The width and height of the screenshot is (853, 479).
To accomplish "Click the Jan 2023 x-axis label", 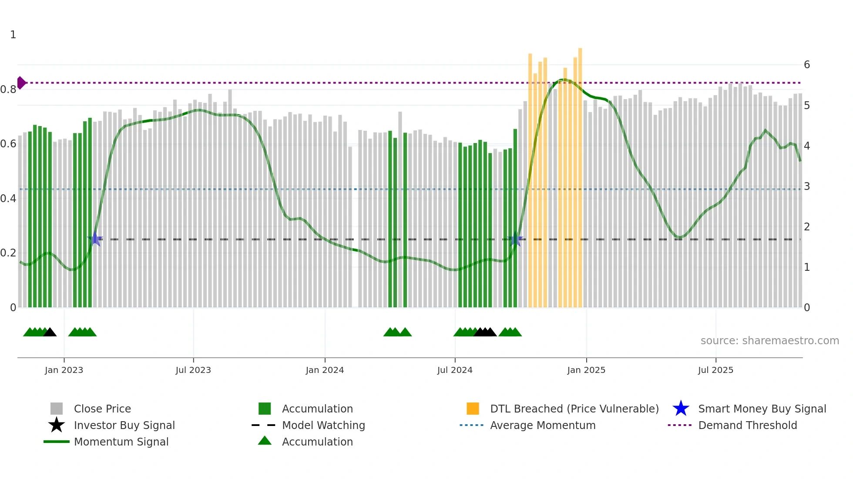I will point(64,370).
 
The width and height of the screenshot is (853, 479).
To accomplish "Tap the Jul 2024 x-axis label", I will point(455,370).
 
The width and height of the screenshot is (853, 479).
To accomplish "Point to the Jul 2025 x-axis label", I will point(715,370).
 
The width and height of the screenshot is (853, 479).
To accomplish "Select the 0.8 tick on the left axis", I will point(8,90).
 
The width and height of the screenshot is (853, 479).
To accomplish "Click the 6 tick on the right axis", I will point(807,65).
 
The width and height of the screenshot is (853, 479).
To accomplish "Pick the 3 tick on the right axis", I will point(807,186).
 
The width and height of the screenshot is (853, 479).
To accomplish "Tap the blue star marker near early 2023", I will point(95,239).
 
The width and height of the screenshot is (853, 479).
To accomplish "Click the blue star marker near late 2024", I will point(516,239).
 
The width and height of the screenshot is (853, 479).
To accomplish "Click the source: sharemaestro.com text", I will point(769,341).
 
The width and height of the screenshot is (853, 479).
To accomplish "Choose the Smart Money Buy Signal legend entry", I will point(762,409).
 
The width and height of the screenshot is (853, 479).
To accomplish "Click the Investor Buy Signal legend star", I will point(57,425).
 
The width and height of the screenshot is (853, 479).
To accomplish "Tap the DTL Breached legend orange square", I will point(473,409).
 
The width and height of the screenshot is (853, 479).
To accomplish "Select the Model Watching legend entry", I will point(323,425).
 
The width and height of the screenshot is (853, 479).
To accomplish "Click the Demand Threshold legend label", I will point(747,425).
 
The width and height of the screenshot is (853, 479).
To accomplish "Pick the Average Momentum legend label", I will point(542,425).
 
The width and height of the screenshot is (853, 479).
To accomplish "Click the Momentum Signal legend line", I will point(57,442).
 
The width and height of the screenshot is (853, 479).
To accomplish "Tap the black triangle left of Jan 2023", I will point(50,333).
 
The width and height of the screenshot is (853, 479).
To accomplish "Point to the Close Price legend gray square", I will point(57,409).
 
